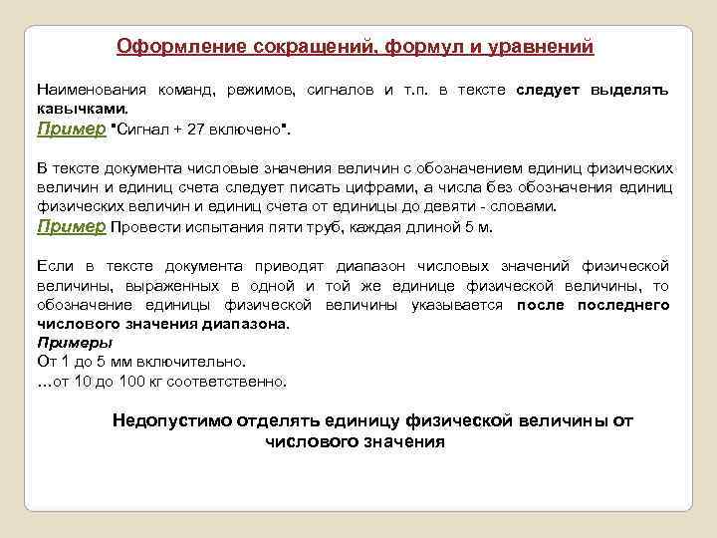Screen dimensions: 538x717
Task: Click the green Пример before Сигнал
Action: pos(71,129)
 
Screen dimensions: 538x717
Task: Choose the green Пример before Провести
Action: pos(71,226)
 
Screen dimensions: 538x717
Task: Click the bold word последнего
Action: pos(626,305)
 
